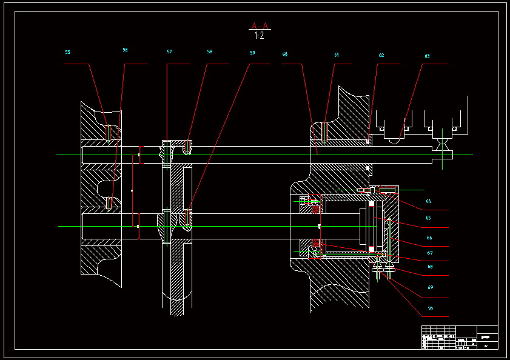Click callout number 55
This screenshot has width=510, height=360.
point(67,53)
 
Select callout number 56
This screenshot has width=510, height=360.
point(125,50)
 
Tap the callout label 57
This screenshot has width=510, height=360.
point(170,52)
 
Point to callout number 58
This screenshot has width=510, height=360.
point(209,52)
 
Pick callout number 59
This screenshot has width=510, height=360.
point(252,53)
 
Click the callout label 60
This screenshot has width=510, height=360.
point(285,55)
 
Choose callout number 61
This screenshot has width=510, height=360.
point(337,55)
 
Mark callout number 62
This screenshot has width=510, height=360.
point(381,55)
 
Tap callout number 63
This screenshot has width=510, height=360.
point(427,56)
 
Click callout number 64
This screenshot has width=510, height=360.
point(428,201)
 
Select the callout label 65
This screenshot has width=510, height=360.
point(428,218)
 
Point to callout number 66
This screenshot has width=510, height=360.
point(429,238)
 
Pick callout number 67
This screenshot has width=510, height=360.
point(430,253)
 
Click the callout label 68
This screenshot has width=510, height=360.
point(430,267)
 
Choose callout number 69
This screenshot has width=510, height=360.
point(430,287)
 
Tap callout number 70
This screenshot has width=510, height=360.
point(430,309)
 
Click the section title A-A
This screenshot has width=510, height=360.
point(260,26)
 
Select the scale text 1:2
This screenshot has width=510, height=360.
point(259,36)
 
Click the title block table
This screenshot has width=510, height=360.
point(459,338)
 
